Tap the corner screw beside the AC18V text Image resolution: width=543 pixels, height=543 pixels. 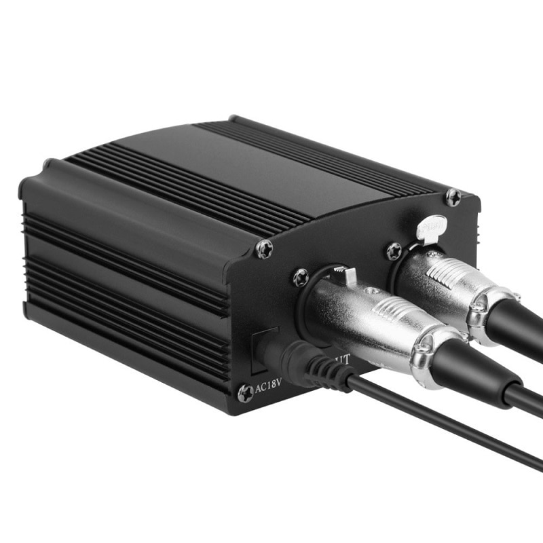tap(245, 393)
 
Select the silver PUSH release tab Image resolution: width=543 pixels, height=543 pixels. tap(432, 228)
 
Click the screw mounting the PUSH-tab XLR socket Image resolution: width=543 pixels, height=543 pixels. tap(394, 252)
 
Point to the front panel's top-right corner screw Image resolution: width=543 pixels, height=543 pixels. tap(453, 198)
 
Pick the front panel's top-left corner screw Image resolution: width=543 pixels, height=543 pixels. tap(264, 249)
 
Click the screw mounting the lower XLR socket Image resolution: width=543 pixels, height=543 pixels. tap(301, 277)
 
